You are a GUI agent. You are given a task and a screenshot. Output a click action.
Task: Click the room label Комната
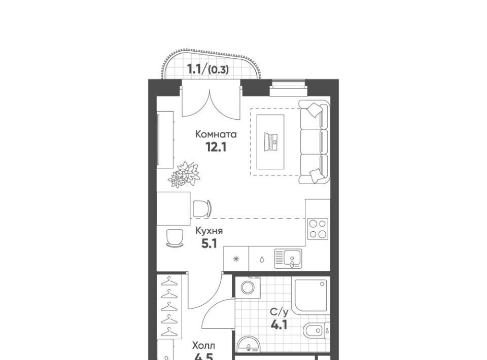(216, 134)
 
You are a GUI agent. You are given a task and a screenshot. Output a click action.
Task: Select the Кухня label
(209, 231)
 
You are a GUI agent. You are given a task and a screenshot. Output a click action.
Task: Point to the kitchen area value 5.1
(209, 244)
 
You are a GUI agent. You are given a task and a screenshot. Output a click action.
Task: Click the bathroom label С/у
(279, 312)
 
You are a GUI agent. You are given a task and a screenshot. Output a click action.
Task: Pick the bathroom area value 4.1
(279, 325)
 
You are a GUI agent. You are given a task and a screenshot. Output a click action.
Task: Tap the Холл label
(203, 345)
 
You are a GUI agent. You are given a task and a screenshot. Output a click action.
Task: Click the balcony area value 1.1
(195, 69)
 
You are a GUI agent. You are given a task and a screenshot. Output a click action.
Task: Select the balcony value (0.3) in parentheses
(218, 70)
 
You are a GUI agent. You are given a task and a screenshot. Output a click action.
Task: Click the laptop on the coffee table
(270, 141)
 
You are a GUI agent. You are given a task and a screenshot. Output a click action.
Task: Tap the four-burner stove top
(318, 228)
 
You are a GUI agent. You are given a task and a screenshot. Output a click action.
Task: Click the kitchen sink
(288, 258)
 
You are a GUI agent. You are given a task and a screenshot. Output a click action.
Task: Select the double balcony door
(210, 99)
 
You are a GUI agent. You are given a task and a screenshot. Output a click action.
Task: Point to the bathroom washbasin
(249, 344)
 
